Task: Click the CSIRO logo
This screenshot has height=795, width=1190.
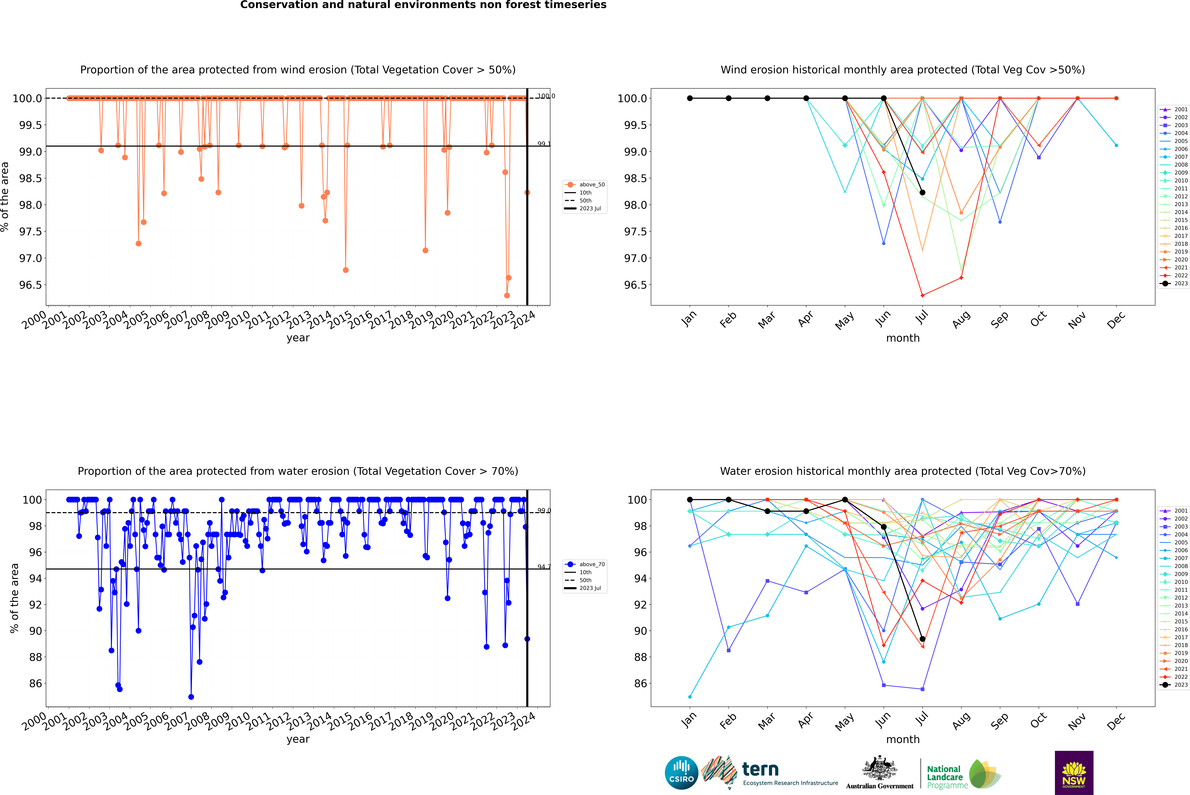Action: pos(681,773)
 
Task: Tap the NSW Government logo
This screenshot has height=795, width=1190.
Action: pos(1074,773)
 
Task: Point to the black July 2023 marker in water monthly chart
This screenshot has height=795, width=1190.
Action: pos(922,639)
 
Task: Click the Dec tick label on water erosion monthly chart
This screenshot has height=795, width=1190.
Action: pos(1116,720)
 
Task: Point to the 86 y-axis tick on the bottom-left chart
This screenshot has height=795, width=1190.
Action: pos(35,684)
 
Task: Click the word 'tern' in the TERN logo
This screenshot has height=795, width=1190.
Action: pos(760,769)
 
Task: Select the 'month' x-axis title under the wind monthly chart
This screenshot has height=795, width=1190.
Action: pos(902,338)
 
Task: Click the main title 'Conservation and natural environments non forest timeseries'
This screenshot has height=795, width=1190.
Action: pos(423,5)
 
